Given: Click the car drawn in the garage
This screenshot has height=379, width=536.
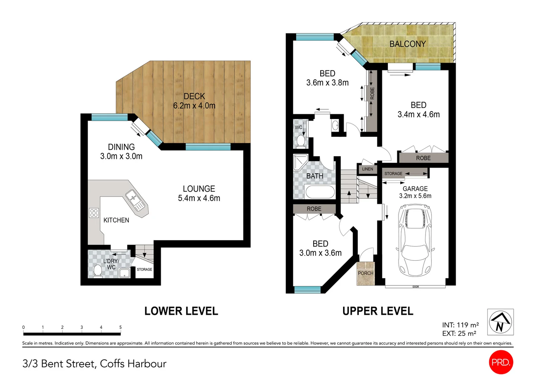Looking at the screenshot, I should point(415,242).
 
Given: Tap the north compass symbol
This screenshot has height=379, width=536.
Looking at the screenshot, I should point(500,322).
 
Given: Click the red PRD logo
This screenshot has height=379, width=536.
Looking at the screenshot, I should point(501,362).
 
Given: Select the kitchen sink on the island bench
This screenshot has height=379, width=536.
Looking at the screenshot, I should point(134,199).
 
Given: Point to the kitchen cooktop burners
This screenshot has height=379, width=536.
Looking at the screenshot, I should point(94,213).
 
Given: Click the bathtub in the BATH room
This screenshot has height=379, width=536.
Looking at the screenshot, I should point(320,192).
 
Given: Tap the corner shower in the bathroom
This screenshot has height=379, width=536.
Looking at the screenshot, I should point(300,162).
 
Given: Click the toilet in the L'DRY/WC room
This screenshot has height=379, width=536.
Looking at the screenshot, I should point(98,271).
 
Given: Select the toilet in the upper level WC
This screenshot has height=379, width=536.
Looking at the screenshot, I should point(301,141).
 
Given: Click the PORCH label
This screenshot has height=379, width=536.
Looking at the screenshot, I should point(366,273).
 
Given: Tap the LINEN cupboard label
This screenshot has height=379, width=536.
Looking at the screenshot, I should point(367,169).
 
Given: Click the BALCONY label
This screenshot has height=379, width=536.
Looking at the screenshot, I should point(408,44).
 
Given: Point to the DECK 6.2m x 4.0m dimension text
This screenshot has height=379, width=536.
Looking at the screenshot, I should point(194,106).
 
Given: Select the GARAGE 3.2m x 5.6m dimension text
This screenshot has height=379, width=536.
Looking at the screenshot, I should point(415,196).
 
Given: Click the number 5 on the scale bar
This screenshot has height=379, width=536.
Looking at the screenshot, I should point(120,327).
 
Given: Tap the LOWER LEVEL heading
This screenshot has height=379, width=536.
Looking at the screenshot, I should point(181,311).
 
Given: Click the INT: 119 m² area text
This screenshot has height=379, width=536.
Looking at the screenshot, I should point(460,325).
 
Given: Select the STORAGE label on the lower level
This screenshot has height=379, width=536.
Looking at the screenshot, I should point(144,270).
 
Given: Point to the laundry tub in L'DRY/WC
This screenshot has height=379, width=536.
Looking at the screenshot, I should point(125,273).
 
